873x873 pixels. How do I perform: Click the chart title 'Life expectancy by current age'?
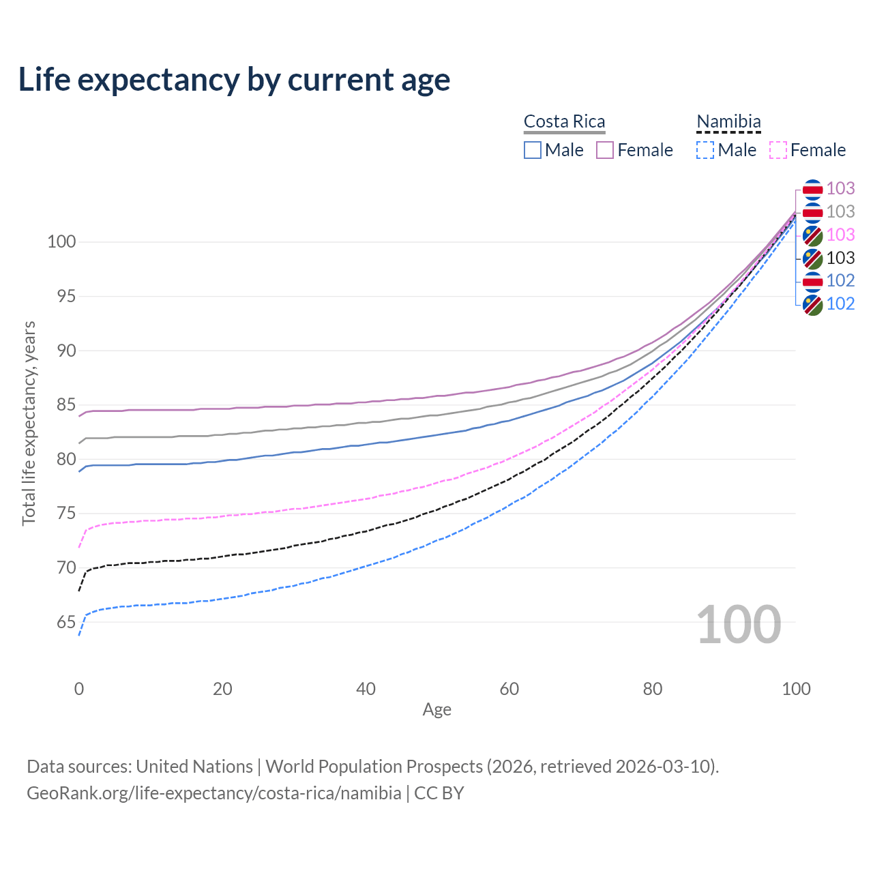point(234,80)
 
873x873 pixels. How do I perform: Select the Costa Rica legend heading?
point(564,121)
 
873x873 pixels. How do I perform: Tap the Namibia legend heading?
point(728,121)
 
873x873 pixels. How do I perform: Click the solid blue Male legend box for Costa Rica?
point(533,150)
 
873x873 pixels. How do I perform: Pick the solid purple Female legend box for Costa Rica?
point(605,150)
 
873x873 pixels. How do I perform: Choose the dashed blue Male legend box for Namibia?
point(705,150)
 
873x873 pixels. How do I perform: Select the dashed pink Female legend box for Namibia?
point(778,150)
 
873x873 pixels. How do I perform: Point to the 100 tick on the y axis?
point(61,241)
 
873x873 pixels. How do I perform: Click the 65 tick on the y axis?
point(66,622)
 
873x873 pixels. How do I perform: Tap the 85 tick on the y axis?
point(66,405)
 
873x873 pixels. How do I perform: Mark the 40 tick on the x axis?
point(366,689)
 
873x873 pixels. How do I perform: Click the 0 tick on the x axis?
point(79,689)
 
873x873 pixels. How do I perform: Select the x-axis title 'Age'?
point(436,710)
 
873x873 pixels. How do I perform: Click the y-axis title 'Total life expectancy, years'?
point(29,424)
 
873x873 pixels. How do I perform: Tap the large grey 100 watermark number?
point(739,625)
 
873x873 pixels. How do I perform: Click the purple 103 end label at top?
point(840,188)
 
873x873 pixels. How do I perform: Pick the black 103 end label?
point(840,258)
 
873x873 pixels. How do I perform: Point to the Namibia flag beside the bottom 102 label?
point(812,304)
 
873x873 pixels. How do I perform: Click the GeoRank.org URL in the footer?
point(214,793)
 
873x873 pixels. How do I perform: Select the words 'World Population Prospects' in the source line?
point(374,767)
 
